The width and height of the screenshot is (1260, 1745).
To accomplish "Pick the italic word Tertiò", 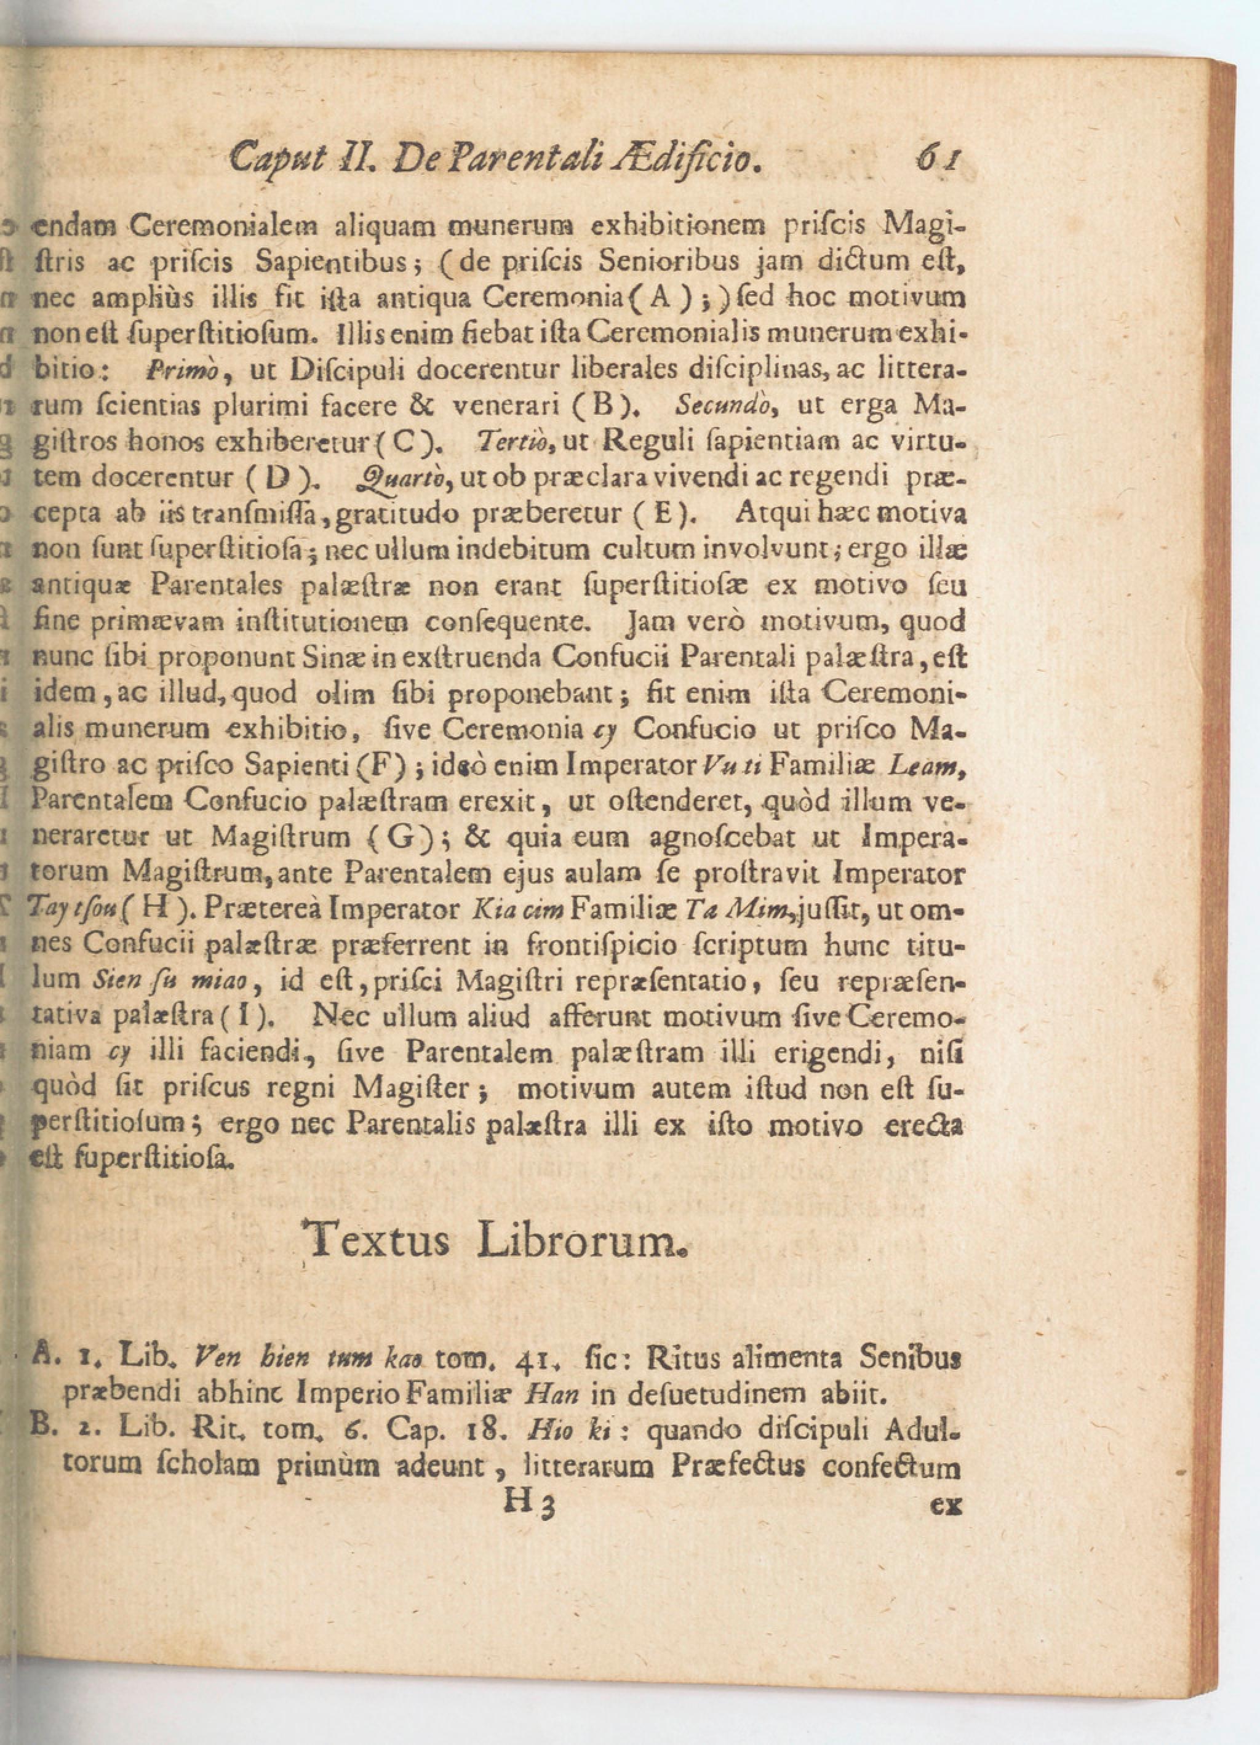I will (507, 442).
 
